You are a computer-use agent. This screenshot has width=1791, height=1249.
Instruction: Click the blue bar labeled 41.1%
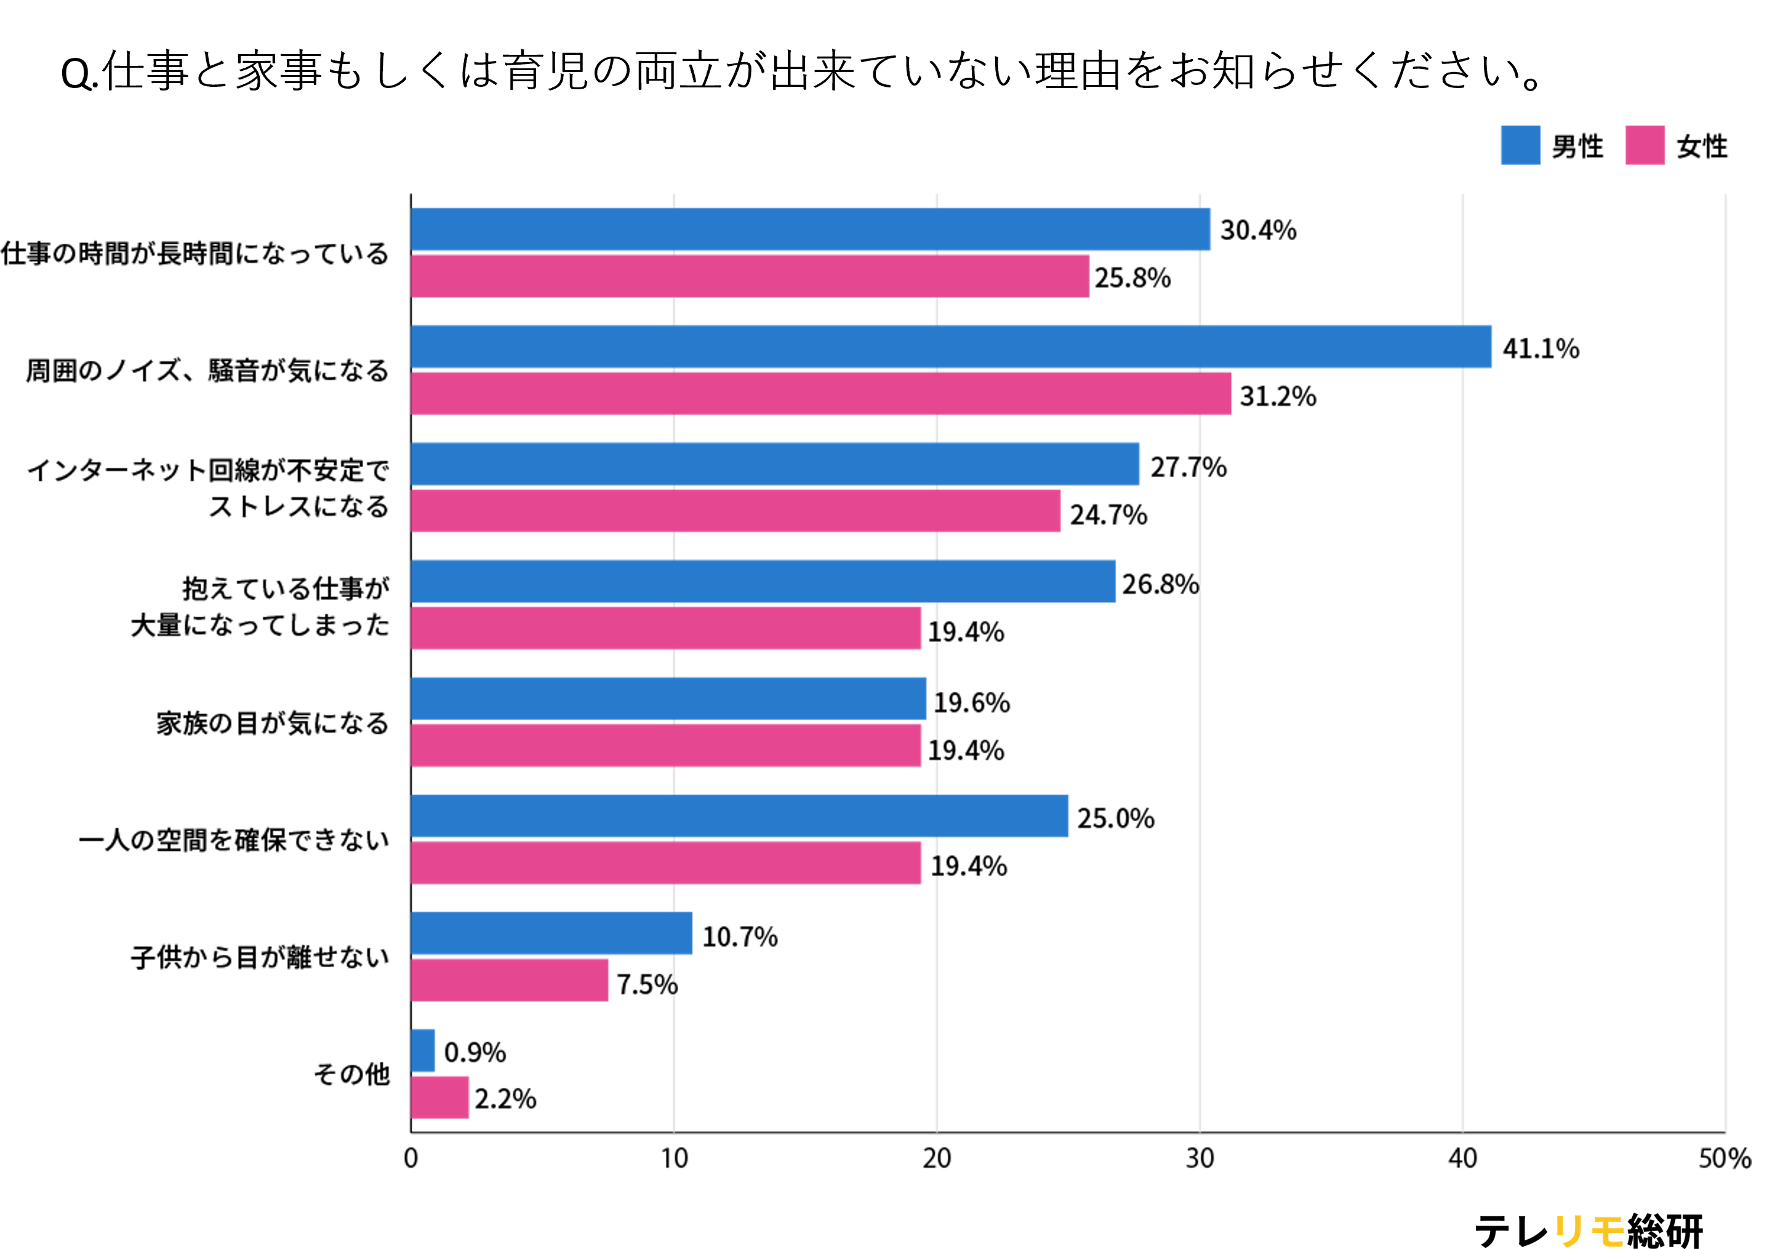pos(950,347)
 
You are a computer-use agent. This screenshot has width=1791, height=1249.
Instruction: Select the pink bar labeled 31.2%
pos(820,393)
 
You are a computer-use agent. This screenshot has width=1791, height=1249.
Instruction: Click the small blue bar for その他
pos(422,1050)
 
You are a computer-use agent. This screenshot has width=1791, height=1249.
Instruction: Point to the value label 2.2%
pos(505,1098)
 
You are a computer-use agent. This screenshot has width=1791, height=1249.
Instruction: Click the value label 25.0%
pos(1115,817)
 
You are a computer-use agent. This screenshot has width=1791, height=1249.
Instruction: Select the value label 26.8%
pos(1160,584)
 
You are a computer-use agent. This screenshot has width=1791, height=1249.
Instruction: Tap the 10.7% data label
pos(740,936)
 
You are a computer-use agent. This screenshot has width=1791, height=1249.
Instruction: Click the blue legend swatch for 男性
pos(1520,145)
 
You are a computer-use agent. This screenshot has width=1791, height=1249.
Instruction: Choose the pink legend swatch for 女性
pos(1645,145)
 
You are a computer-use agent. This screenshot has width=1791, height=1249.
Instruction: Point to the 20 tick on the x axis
pos(936,1159)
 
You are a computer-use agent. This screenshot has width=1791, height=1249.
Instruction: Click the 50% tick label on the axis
pos(1724,1159)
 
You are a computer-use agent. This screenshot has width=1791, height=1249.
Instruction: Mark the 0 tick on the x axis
pos(411,1159)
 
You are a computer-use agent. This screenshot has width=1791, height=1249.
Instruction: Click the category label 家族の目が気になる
pos(272,723)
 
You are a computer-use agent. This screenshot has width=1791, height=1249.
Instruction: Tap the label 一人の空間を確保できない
pos(233,840)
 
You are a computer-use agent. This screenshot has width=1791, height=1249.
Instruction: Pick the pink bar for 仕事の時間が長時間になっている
pos(749,276)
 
